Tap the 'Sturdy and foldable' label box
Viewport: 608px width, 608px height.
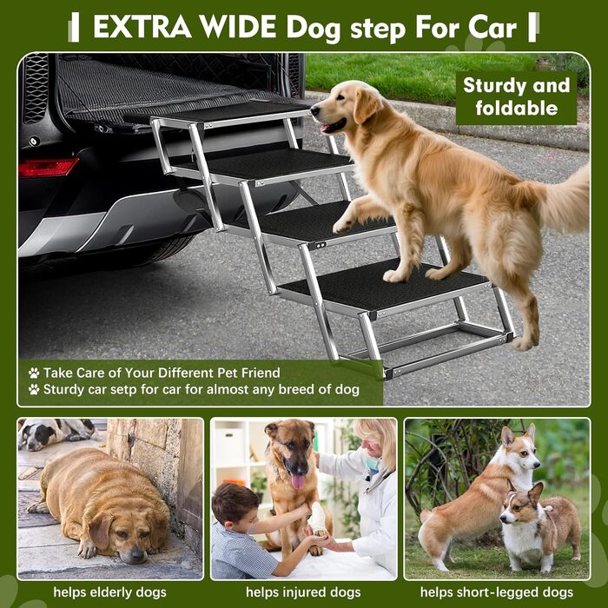pos(516,97)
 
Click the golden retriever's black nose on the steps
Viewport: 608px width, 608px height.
pos(314,110)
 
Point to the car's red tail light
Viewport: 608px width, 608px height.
pos(48,167)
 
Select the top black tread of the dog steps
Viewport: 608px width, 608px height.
pos(233,112)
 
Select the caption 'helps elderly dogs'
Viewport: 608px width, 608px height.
pos(109,592)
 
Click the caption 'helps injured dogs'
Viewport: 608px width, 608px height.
pos(303,592)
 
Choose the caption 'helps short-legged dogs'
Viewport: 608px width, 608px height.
pos(497,592)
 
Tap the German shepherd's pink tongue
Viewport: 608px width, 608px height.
pos(298,482)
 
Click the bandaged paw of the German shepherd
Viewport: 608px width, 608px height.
pos(318,519)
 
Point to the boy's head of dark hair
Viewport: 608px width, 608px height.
pos(232,500)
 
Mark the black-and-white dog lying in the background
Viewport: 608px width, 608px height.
pos(56,433)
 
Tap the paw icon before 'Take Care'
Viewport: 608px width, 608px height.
pos(34,373)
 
